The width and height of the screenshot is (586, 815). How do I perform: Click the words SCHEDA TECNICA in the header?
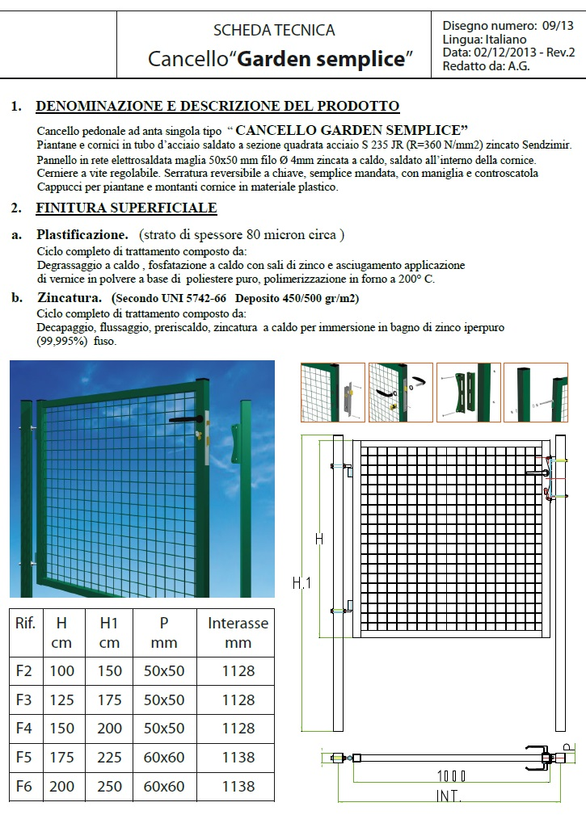273,31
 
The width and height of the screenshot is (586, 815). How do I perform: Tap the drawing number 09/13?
558,26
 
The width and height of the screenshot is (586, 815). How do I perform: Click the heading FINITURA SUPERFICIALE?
126,208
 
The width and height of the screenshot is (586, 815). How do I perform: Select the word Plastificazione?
82,235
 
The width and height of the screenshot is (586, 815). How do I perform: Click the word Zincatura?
70,298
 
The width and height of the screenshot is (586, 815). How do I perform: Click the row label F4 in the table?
24,728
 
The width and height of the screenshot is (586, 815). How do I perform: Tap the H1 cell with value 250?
110,786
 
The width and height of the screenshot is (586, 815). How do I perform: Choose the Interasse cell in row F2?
238,670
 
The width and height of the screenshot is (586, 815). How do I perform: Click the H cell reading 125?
61,699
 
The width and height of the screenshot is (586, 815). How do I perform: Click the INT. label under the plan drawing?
448,796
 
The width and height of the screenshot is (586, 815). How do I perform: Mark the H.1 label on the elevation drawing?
300,582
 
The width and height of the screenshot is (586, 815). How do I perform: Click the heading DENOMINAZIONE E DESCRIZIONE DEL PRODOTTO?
218,106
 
